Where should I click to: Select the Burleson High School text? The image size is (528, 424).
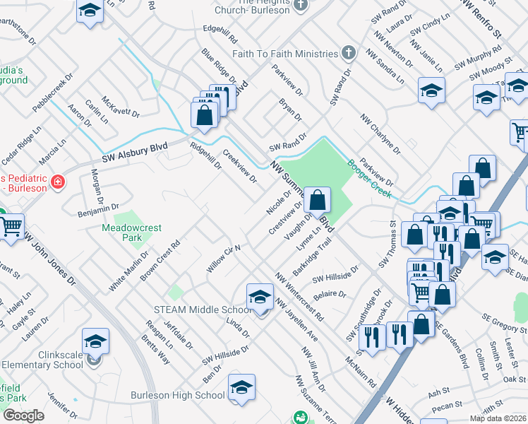click(x=178, y=395)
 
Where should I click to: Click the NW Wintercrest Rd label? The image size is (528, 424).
click(x=299, y=295)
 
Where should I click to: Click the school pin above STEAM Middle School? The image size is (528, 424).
click(x=260, y=298)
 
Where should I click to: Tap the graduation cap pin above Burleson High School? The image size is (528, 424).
click(x=241, y=387)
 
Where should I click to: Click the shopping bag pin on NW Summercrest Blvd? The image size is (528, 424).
click(x=318, y=200)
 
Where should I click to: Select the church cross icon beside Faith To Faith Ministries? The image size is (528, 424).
click(x=348, y=54)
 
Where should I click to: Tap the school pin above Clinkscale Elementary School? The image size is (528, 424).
click(x=95, y=341)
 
